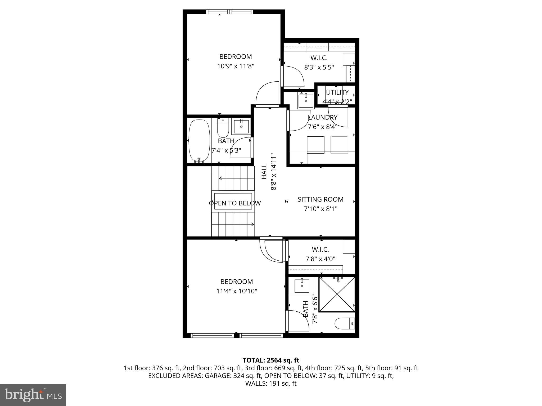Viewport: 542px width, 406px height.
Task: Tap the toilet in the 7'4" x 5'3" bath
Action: [223, 127]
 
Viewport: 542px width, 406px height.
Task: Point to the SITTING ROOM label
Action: [320, 199]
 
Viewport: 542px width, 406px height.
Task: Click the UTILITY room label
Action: [337, 92]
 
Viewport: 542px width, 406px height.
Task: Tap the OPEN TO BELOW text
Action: [235, 203]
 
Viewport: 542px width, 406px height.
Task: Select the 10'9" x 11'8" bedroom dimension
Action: [236, 66]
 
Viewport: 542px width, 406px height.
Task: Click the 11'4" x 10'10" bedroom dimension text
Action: [237, 291]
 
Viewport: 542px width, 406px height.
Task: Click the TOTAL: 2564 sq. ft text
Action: [271, 360]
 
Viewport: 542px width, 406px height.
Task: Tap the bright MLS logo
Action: [33, 395]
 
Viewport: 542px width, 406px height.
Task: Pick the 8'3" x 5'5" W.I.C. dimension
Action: [319, 67]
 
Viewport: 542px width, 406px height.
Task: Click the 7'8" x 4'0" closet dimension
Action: [320, 259]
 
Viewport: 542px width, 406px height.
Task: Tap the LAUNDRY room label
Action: [322, 117]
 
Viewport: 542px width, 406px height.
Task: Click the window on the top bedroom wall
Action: [230, 12]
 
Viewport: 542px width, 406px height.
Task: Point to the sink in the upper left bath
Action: [241, 127]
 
